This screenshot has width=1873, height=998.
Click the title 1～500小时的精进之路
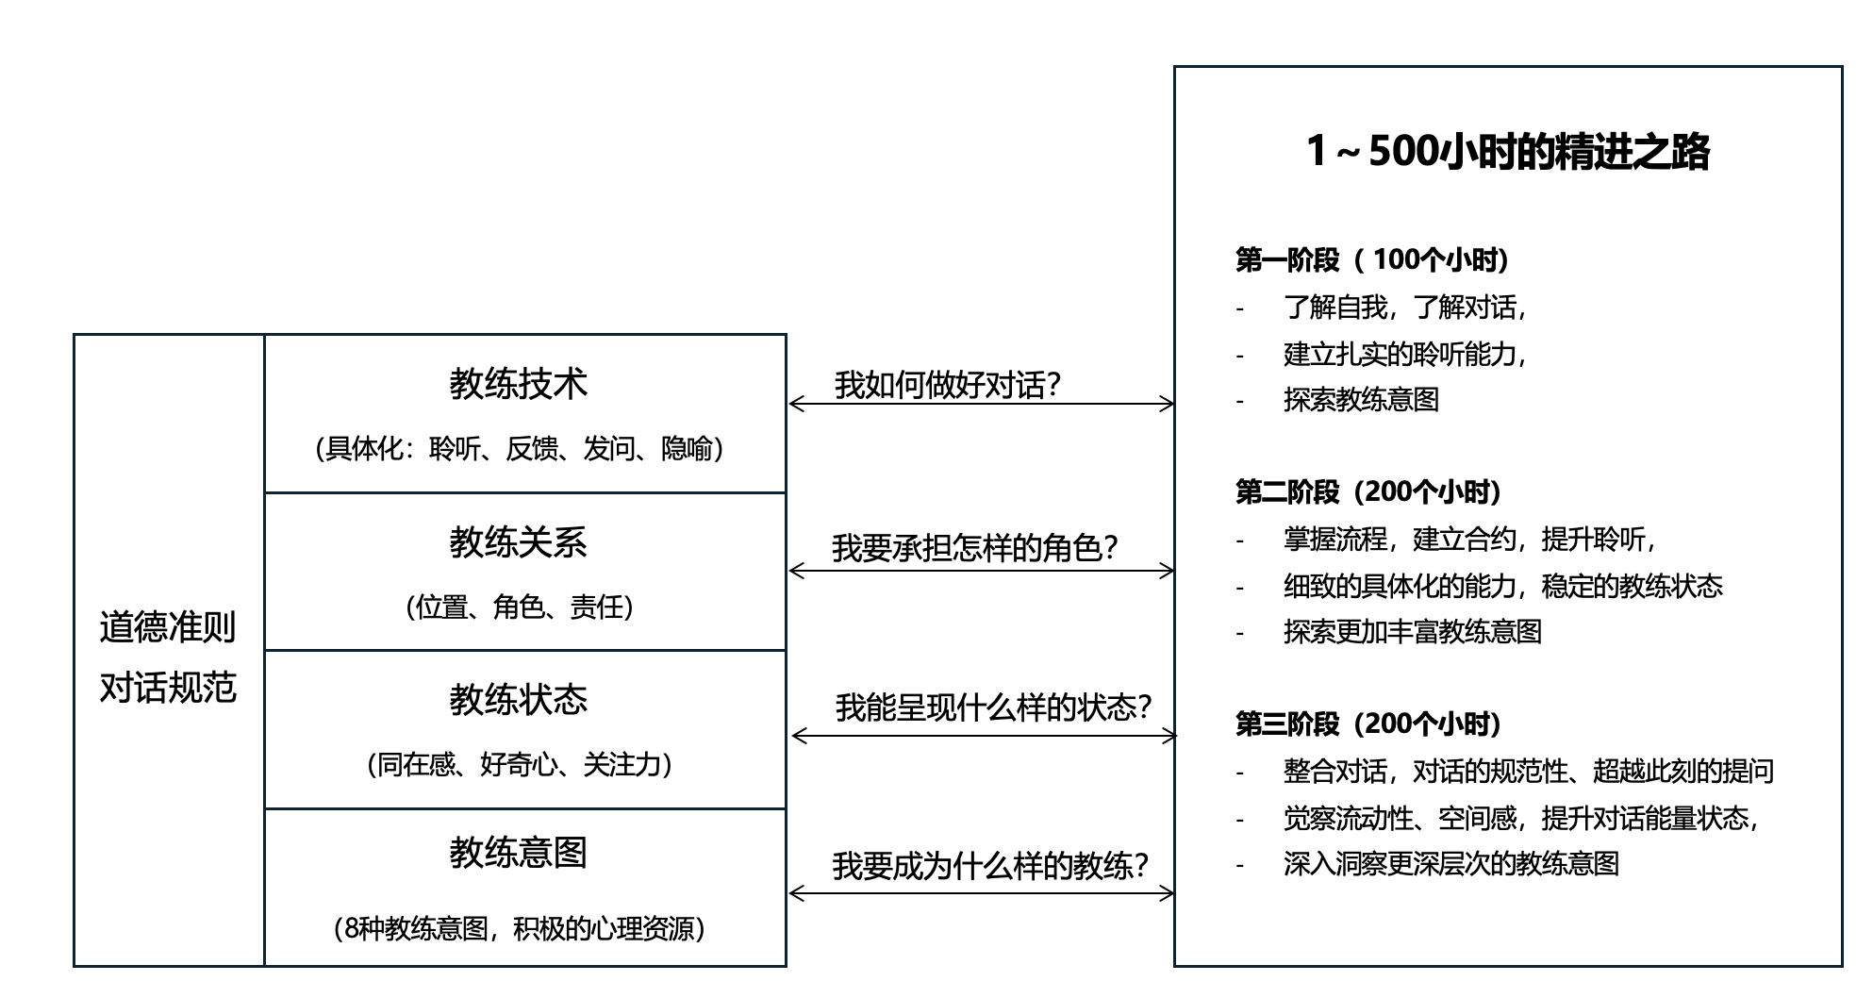click(x=1507, y=152)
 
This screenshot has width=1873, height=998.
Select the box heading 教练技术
click(x=519, y=384)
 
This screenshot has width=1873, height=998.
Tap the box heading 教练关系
click(x=519, y=542)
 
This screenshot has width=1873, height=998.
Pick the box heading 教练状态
click(x=519, y=700)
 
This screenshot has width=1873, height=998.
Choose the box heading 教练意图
click(x=519, y=853)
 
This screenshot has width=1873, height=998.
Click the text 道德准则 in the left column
click(x=168, y=627)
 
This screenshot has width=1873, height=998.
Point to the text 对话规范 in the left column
click(x=168, y=688)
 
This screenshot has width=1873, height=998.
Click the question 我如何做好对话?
click(x=948, y=385)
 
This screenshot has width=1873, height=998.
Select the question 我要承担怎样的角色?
click(x=975, y=548)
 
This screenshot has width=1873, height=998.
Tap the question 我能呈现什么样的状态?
click(x=994, y=707)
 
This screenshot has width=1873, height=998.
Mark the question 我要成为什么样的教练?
click(x=990, y=866)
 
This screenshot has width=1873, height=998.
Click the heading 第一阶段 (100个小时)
click(x=1372, y=259)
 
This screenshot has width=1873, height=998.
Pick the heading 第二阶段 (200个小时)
click(x=1368, y=491)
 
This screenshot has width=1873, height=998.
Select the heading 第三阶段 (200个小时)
click(x=1368, y=724)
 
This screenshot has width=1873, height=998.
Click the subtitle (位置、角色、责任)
click(x=520, y=607)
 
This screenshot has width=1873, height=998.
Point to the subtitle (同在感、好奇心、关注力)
click(x=520, y=764)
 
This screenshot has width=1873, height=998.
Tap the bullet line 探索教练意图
click(x=1361, y=400)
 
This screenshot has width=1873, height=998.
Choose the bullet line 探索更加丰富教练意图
click(x=1413, y=632)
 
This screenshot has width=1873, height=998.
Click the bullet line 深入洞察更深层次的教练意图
click(x=1451, y=864)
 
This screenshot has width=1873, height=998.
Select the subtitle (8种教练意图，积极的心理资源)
click(x=520, y=929)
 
